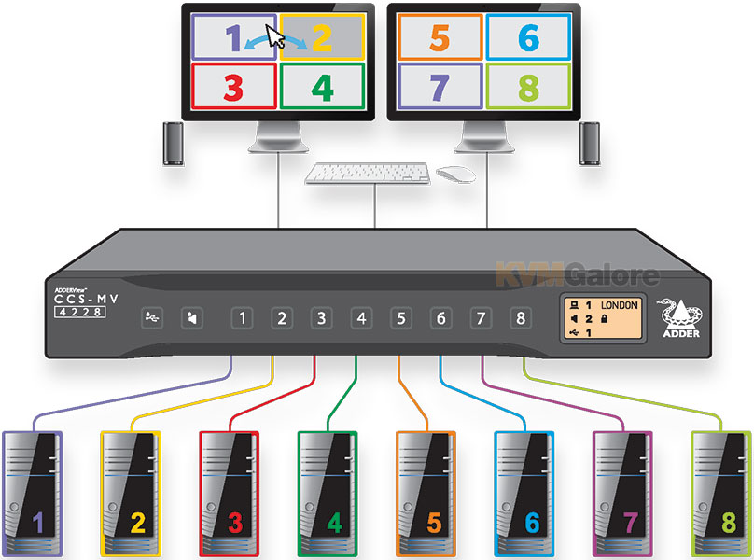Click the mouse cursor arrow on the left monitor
click(275, 36)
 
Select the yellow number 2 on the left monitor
click(322, 37)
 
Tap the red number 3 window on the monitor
click(233, 87)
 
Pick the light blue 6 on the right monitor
click(528, 37)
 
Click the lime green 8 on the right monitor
click(528, 88)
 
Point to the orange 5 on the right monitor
click(440, 38)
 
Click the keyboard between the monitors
click(368, 174)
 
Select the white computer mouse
click(455, 175)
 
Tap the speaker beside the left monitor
click(174, 144)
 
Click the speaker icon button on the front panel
click(192, 318)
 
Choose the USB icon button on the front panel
click(152, 318)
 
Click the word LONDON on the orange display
click(619, 305)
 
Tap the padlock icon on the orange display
click(604, 318)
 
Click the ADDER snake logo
click(680, 317)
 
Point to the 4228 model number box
click(80, 313)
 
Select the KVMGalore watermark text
click(578, 275)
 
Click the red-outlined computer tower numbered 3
click(229, 494)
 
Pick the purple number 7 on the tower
click(631, 523)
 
